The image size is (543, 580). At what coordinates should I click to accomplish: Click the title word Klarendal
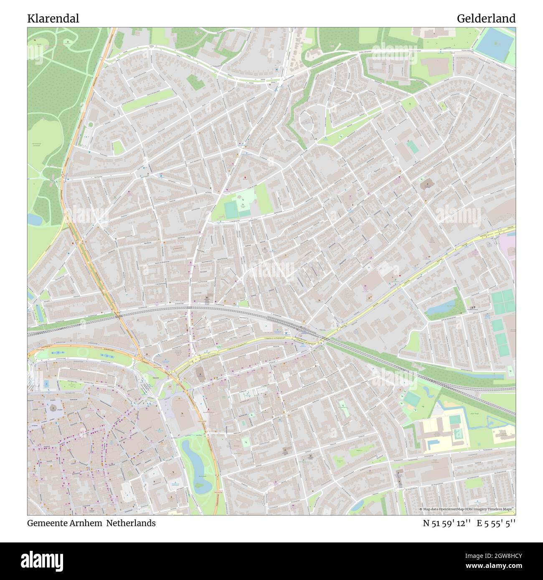click(53, 19)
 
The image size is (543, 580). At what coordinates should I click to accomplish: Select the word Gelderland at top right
click(486, 19)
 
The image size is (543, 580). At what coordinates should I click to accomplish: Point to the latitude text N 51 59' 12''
click(447, 523)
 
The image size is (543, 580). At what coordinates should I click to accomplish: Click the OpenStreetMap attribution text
click(467, 509)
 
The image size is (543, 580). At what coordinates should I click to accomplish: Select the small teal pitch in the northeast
click(413, 146)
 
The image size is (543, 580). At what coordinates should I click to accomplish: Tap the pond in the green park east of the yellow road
click(439, 308)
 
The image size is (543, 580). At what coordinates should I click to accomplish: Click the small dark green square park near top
click(194, 82)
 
